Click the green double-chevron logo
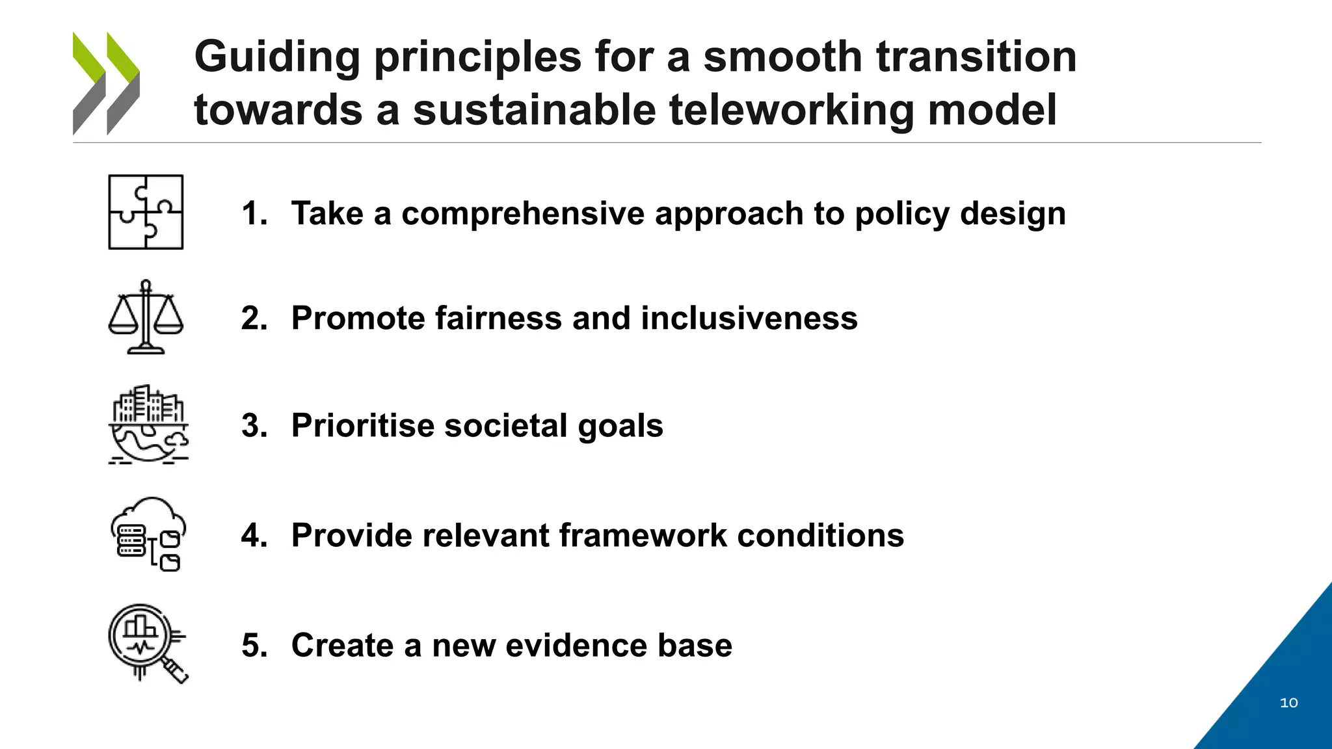(106, 83)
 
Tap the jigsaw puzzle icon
(146, 212)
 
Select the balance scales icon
(146, 317)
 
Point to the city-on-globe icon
(148, 424)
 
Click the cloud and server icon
(148, 534)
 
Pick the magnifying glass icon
(148, 643)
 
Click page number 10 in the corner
(1288, 703)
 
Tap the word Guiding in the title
(277, 57)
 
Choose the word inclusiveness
(749, 319)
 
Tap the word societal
(505, 426)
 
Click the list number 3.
(253, 426)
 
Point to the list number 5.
(253, 646)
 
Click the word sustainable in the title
(534, 110)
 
